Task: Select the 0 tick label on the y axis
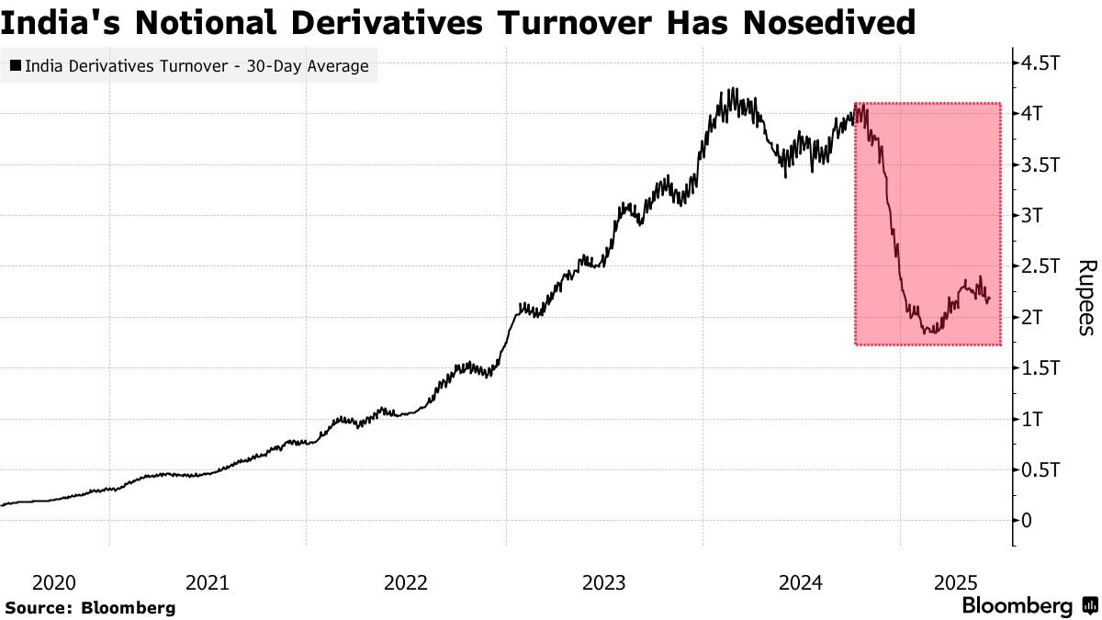(x=1027, y=521)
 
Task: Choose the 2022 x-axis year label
(x=405, y=582)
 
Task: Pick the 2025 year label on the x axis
(x=954, y=582)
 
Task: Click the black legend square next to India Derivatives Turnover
(x=17, y=66)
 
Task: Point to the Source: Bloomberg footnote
(x=90, y=607)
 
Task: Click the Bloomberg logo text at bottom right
(x=1017, y=606)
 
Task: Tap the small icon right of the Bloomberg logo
(x=1089, y=606)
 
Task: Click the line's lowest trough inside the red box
(x=928, y=333)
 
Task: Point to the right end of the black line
(x=989, y=299)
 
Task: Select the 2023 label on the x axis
(x=603, y=582)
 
